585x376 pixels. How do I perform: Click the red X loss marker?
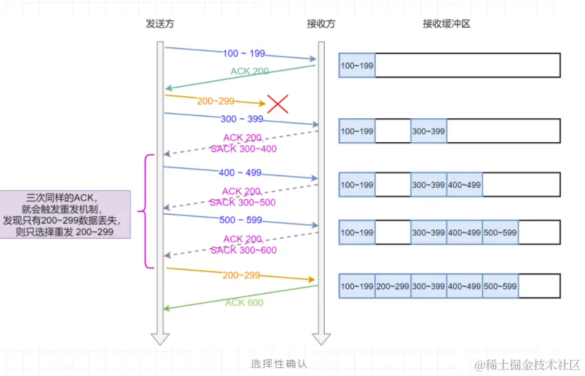coord(278,104)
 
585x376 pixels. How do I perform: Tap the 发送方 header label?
coord(160,23)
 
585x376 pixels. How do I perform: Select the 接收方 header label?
coord(321,23)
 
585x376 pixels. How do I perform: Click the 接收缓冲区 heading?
coord(446,23)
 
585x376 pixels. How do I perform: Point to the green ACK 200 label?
coord(250,71)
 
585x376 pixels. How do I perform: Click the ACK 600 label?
coord(244,303)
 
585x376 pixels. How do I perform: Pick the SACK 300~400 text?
coord(244,149)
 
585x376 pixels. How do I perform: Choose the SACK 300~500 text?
coord(243,203)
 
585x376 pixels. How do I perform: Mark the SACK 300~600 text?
coord(244,250)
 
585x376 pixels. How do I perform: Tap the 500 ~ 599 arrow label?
coord(240,220)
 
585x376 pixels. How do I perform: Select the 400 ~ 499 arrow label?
coord(240,173)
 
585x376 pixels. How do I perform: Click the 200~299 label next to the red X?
coord(216,101)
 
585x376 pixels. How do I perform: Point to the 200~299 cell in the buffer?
coord(392,286)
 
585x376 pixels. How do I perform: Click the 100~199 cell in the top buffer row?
coord(357,66)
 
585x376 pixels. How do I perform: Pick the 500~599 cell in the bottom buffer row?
coord(500,286)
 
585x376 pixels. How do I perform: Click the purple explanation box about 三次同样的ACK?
coord(65,215)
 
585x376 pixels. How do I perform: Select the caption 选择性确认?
coord(279,363)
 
